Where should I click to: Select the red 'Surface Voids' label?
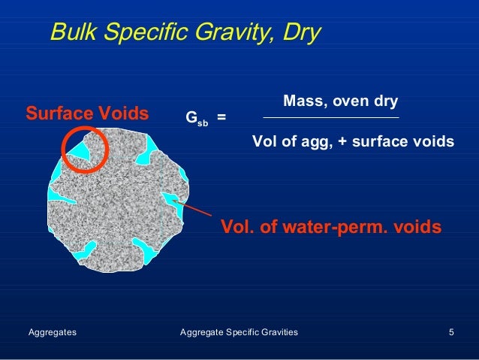[x=87, y=115]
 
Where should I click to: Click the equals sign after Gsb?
[x=221, y=118]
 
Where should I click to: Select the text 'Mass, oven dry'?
[x=340, y=101]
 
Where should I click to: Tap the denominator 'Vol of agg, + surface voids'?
[x=353, y=141]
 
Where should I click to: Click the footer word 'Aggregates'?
[x=52, y=331]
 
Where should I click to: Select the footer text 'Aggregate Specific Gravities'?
[x=239, y=331]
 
